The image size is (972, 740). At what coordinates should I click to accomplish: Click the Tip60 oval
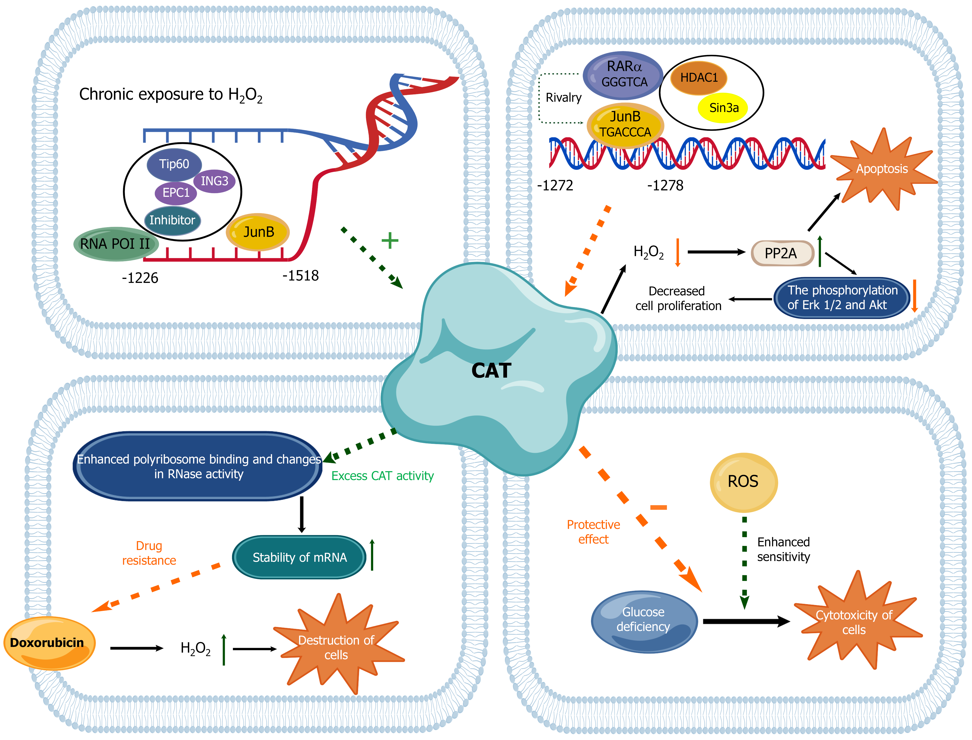(174, 164)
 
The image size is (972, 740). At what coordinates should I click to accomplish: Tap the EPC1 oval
(176, 193)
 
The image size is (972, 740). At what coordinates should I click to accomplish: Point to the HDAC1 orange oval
(699, 78)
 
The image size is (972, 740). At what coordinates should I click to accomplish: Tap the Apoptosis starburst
(882, 169)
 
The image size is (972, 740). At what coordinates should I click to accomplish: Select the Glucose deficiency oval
(644, 620)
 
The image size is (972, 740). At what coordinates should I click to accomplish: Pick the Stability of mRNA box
(299, 557)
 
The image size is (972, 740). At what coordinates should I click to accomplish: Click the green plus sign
(390, 240)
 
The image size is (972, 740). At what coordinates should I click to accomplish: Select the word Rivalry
(563, 98)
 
